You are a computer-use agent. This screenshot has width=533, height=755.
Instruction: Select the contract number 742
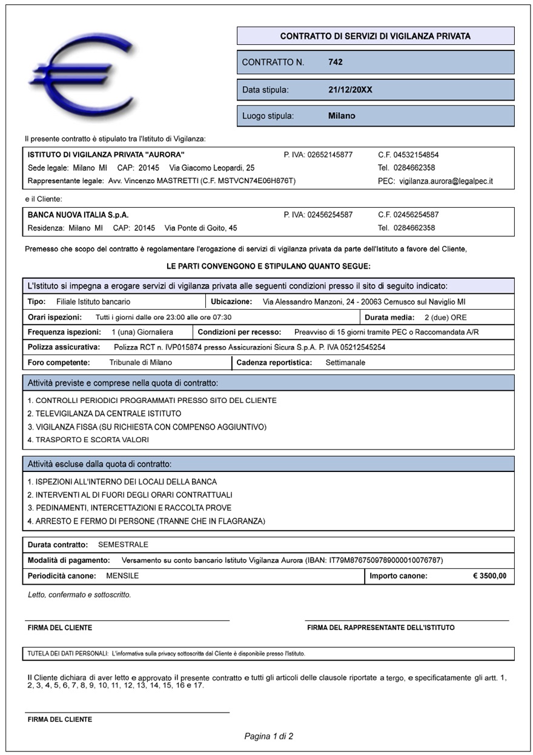tap(335, 62)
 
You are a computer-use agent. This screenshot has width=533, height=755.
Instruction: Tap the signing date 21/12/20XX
tap(350, 90)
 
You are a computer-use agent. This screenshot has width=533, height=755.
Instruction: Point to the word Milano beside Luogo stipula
tap(342, 116)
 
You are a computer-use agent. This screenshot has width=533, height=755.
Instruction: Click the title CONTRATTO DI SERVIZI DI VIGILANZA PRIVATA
tap(375, 36)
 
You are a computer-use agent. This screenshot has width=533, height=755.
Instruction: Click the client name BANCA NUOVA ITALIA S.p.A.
tap(78, 215)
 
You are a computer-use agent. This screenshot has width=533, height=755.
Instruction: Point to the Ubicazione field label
tap(231, 301)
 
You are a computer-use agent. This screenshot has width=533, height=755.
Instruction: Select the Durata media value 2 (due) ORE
tap(445, 317)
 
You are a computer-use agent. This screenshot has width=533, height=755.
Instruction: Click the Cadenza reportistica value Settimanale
tap(345, 362)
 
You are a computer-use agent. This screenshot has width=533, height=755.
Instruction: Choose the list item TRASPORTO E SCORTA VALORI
tap(88, 439)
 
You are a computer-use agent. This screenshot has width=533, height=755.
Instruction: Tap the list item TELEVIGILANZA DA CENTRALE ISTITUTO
tap(104, 413)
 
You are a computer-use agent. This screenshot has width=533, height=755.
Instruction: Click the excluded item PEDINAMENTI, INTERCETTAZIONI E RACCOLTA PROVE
tap(130, 508)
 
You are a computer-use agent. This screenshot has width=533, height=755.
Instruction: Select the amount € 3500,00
tap(489, 576)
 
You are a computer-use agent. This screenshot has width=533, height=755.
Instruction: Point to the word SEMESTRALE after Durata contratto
tap(123, 545)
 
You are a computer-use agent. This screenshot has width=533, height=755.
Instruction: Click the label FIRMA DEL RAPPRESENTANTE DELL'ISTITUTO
tap(380, 627)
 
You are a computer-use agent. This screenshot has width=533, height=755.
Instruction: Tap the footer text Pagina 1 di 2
tap(268, 736)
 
